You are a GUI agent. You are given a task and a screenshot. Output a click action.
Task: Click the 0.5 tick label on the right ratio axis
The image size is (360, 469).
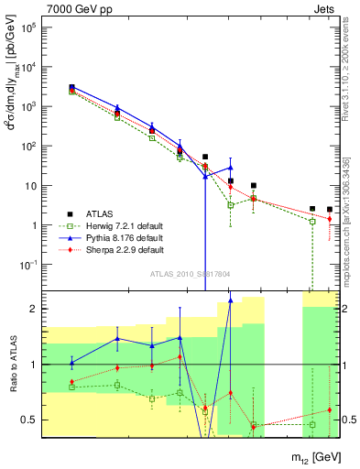[x=348, y=420]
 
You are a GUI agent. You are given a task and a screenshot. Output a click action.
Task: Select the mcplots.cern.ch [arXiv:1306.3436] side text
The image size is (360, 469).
[x=345, y=220]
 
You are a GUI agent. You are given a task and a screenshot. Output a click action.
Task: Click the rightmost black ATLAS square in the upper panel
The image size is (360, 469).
[x=330, y=210]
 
